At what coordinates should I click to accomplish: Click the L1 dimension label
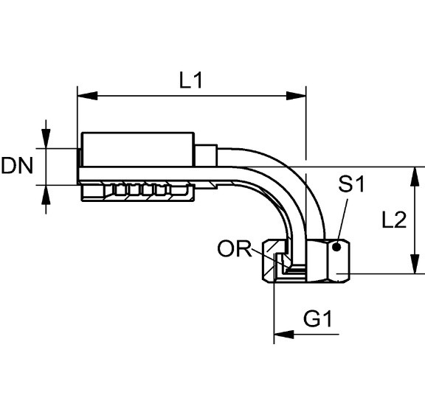[191, 80]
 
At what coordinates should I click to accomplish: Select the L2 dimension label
[394, 219]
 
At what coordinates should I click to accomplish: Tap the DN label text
[17, 165]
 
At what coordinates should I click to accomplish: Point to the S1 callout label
[351, 184]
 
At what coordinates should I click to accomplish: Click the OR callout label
[235, 249]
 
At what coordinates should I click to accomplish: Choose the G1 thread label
[318, 318]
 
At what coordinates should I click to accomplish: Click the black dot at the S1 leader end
[336, 247]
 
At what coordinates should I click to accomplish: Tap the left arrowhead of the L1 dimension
[87, 96]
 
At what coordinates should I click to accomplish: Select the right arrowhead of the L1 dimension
[297, 96]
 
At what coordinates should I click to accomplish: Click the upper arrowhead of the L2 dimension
[414, 176]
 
